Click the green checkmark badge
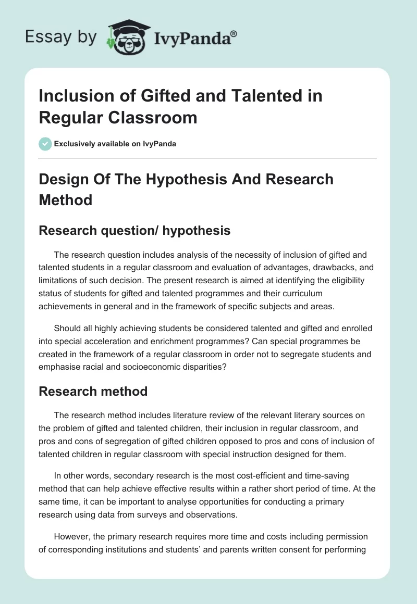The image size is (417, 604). (45, 144)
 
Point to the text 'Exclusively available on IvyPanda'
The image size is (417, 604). (115, 144)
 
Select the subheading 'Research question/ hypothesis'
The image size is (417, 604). (134, 230)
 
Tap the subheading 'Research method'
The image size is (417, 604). (93, 391)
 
